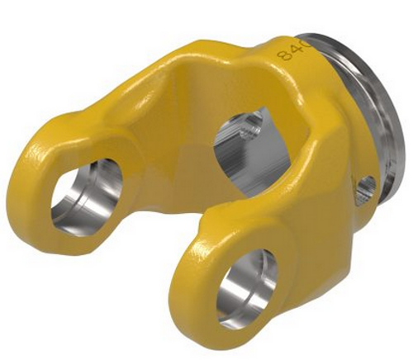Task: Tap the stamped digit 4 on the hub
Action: click(291, 50)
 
